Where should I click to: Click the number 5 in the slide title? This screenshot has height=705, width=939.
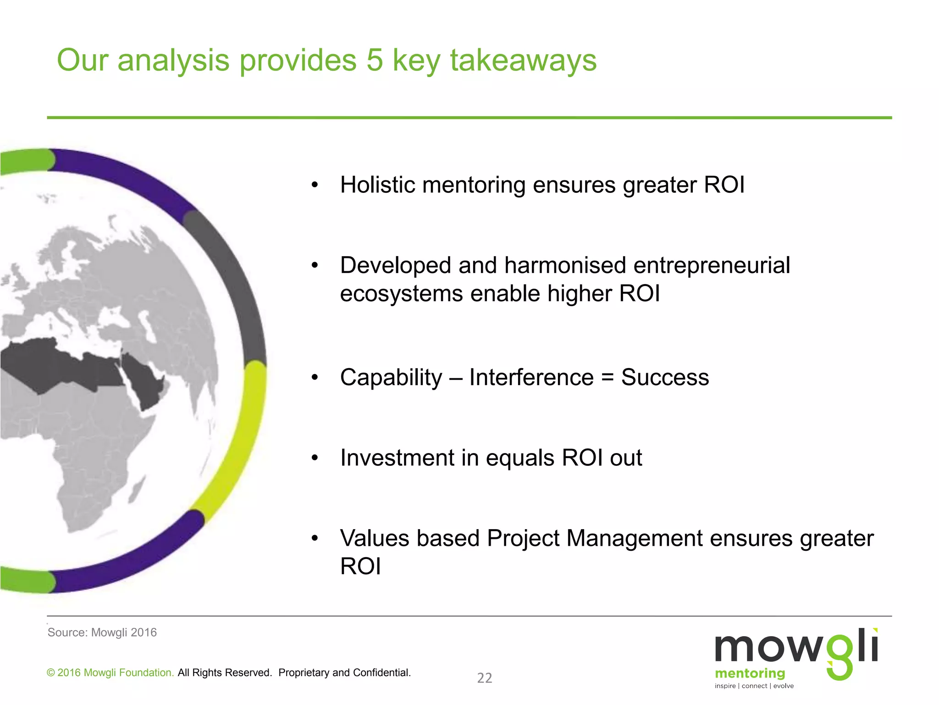point(375,60)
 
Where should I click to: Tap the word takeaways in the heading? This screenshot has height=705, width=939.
point(523,60)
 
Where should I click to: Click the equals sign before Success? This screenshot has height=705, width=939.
point(607,378)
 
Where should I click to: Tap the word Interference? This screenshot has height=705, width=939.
point(531,378)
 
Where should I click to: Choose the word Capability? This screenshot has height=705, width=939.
point(391,378)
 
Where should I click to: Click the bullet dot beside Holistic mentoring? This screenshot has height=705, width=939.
point(315,185)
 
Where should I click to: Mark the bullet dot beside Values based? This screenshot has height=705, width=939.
point(315,538)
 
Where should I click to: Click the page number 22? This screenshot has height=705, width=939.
point(485,678)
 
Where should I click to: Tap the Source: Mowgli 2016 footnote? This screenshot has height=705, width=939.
point(102,632)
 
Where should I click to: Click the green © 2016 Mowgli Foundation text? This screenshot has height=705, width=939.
point(110,673)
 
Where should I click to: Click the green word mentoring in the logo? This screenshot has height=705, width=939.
point(750,673)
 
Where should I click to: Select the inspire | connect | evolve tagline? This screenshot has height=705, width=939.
point(754,686)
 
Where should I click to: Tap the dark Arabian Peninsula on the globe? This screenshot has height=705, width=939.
point(145,380)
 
